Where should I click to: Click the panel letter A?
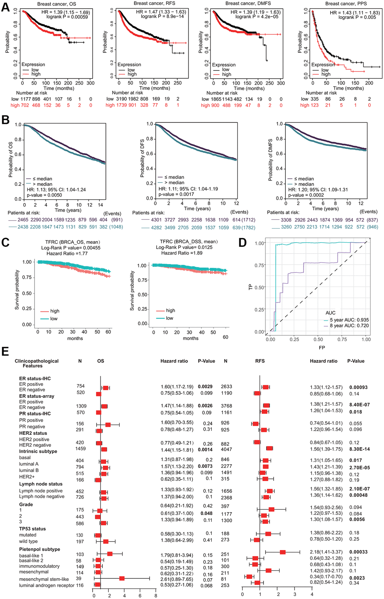click(5, 7)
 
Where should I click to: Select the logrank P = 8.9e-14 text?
click(162, 17)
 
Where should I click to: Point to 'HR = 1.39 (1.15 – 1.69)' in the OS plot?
click(66, 12)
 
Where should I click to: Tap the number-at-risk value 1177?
click(25, 99)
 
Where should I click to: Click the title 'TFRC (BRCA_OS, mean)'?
click(72, 242)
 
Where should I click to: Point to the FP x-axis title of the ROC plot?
click(322, 348)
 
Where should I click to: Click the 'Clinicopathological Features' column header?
click(37, 363)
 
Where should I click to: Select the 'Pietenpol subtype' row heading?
click(40, 549)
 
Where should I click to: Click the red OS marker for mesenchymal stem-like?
click(122, 578)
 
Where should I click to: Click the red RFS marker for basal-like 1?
click(283, 552)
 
